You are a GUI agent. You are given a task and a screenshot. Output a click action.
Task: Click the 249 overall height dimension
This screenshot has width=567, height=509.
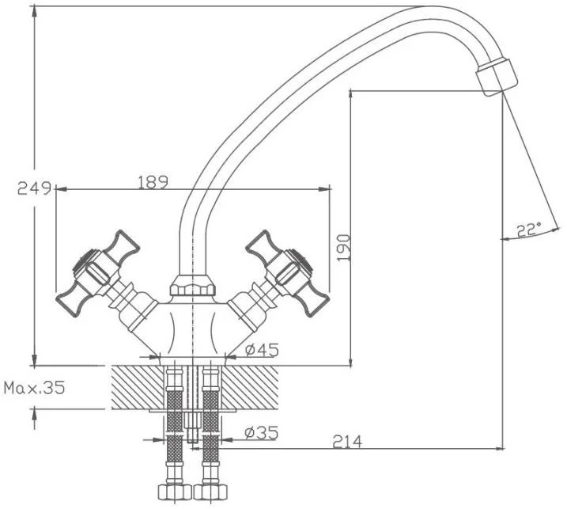(34, 188)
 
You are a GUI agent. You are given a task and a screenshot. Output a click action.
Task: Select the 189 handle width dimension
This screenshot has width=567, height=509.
(153, 182)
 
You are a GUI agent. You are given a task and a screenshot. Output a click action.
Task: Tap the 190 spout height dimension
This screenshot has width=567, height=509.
(343, 248)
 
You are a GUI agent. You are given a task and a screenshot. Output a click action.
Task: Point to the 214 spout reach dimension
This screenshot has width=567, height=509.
(347, 442)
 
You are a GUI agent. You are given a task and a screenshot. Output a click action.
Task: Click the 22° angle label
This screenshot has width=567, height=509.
(529, 230)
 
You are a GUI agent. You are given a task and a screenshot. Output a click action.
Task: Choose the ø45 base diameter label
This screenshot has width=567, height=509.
(262, 350)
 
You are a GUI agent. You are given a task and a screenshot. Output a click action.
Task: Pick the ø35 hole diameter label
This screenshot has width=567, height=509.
(261, 433)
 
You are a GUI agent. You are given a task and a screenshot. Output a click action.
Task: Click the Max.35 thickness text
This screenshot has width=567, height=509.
(34, 388)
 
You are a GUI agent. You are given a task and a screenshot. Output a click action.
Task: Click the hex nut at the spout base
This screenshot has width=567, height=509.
(193, 285)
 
